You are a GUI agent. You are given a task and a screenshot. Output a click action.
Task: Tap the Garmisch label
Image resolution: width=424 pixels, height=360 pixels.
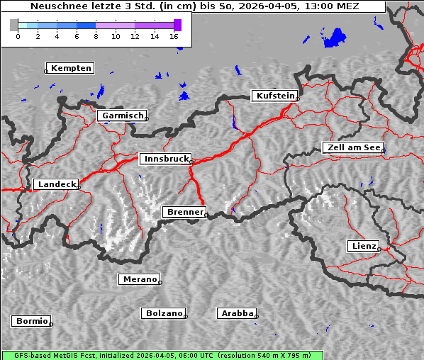point(123,116)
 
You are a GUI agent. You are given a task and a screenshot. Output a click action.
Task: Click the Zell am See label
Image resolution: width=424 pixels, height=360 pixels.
point(352,147)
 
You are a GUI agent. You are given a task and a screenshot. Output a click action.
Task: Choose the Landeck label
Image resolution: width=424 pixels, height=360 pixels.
point(56,184)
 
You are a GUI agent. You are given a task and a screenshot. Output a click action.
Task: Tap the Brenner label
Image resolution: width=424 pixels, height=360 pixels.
point(184,212)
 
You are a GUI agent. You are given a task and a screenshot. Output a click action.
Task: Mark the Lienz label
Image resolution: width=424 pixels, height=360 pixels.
point(363,246)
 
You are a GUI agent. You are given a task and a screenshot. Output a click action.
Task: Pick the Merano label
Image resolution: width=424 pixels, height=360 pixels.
point(139,279)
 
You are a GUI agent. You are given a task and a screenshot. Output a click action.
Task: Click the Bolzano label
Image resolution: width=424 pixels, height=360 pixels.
point(164,313)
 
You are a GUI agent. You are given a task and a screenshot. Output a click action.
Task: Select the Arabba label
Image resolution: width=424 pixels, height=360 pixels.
point(237,313)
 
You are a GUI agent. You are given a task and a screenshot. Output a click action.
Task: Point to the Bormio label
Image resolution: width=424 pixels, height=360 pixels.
point(31,321)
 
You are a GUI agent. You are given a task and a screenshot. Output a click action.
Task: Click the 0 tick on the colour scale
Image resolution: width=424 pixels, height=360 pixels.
point(18,35)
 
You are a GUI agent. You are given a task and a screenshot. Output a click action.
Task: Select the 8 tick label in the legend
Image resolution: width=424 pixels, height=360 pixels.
point(96,35)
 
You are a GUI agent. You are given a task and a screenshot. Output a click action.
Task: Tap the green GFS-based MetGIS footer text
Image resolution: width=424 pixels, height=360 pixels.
point(162,355)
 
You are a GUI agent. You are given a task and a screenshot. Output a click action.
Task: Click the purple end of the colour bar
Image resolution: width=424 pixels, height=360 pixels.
point(177,25)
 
